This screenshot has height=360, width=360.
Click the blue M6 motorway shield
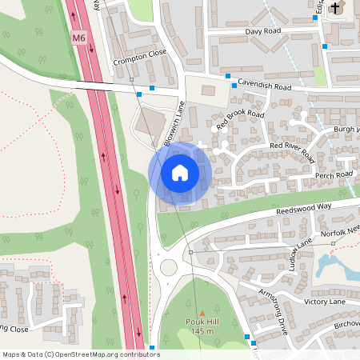[x=78, y=37]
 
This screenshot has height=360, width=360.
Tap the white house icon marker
[x=180, y=172]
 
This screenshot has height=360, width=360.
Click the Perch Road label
[x=334, y=174]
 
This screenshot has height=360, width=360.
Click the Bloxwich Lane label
[x=174, y=125]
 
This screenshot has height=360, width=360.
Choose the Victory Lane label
[x=325, y=302]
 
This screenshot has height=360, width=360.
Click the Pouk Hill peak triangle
[x=202, y=313]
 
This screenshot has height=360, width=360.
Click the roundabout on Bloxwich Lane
[x=169, y=267]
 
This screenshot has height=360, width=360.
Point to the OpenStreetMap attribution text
[x=81, y=354]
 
